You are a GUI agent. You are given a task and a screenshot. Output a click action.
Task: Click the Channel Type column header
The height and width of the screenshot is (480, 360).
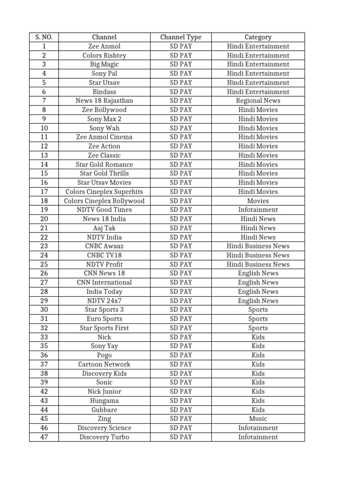click(x=180, y=37)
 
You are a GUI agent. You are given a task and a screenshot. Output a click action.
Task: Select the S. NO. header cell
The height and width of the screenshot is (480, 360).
click(x=44, y=37)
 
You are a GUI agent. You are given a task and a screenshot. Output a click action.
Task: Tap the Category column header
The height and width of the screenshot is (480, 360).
click(x=258, y=37)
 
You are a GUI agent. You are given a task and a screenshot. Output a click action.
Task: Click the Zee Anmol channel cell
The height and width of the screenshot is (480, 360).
click(x=104, y=46)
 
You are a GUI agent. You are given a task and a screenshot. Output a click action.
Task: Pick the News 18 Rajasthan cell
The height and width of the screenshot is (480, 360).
click(x=104, y=101)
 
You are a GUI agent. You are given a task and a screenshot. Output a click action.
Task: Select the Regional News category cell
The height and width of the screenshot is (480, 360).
click(x=258, y=101)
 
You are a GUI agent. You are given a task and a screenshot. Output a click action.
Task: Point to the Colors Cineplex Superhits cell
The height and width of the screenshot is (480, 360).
click(x=104, y=192)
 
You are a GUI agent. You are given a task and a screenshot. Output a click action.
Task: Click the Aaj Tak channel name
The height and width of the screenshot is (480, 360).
click(x=104, y=228)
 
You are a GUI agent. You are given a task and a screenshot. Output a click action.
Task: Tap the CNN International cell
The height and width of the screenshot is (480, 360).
click(x=104, y=283)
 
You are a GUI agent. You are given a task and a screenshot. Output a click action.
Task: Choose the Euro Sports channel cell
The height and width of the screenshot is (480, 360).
click(x=104, y=319)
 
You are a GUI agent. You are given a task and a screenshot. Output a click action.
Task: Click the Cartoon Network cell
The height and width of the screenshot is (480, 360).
click(x=104, y=364)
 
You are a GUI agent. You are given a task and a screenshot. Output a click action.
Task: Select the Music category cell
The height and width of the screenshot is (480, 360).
click(x=258, y=419)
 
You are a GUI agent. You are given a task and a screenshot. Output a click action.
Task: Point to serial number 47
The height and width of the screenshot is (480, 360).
click(x=44, y=437)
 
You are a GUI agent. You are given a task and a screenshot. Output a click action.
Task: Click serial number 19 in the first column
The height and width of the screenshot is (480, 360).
click(x=44, y=210)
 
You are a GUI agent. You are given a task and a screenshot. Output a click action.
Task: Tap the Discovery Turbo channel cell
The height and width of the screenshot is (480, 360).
click(x=104, y=437)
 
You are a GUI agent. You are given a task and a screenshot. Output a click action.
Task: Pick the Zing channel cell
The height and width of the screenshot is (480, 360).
click(x=104, y=419)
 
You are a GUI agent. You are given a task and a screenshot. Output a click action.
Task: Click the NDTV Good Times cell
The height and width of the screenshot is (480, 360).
click(x=104, y=210)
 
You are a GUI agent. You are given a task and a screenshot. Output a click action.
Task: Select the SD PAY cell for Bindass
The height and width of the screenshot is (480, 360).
click(x=180, y=92)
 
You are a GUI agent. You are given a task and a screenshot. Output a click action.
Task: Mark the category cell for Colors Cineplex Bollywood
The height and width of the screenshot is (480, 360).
click(x=258, y=201)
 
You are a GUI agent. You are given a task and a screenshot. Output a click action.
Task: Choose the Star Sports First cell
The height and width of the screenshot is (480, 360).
click(x=104, y=328)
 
